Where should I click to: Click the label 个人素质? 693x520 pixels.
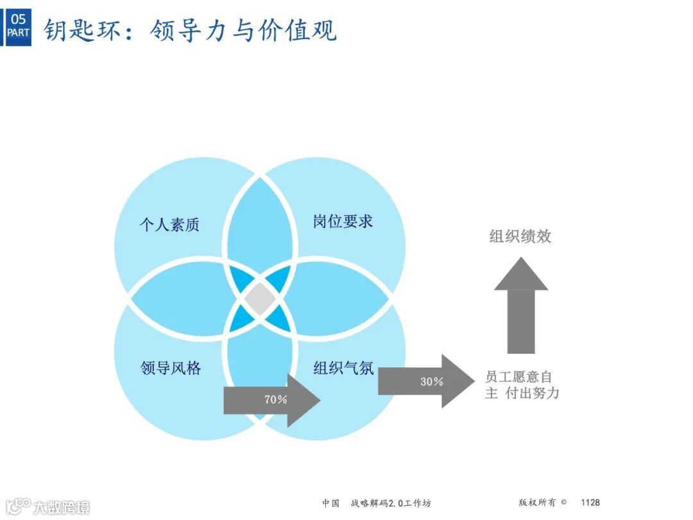click(169, 224)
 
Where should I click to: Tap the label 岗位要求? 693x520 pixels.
click(343, 221)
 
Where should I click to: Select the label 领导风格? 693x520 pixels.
click(171, 368)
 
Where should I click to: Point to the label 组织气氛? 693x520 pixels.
click(343, 368)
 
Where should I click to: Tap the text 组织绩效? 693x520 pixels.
click(520, 236)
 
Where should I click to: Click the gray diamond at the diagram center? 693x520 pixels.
click(260, 299)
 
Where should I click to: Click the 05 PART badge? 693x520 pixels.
click(18, 26)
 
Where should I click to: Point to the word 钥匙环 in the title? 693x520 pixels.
click(81, 30)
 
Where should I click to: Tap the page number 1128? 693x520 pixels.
click(590, 503)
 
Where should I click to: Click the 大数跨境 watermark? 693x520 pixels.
click(62, 507)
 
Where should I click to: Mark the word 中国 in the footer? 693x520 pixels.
click(331, 503)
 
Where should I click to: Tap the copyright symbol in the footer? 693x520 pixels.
click(563, 503)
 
